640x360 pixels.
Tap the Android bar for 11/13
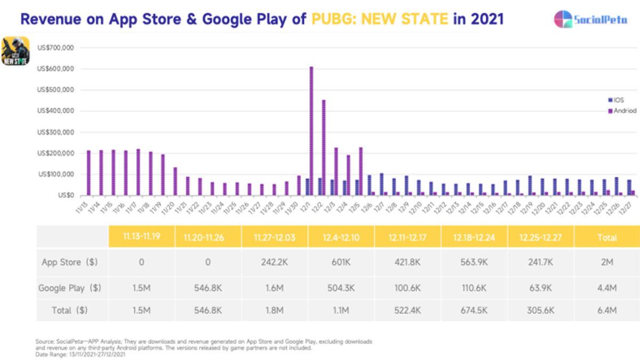89,173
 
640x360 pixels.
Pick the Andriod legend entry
622,111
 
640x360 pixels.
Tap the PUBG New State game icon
15,51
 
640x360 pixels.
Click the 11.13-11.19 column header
141,237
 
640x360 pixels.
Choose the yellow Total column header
607,237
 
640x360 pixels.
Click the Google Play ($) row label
70,288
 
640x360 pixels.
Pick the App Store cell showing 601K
341,262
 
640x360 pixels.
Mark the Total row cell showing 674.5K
474,309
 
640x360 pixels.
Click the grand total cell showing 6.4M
607,309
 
